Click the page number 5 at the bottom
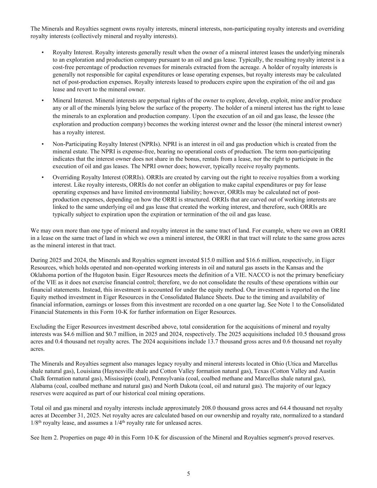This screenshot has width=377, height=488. click(188, 474)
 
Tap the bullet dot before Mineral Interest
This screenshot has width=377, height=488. click(43, 100)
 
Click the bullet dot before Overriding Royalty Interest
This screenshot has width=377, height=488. click(43, 177)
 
